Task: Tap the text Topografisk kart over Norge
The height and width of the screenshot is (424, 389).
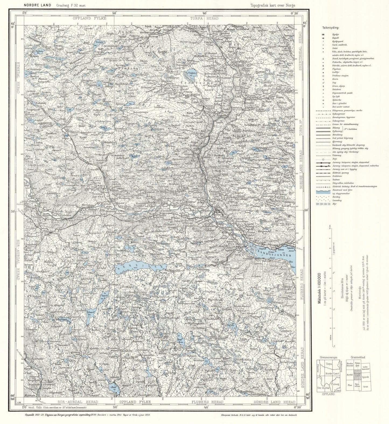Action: pyautogui.click(x=273, y=5)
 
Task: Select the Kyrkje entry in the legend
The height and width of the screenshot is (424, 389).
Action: pyautogui.click(x=335, y=35)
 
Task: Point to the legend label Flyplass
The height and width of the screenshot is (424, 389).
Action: pyautogui.click(x=337, y=69)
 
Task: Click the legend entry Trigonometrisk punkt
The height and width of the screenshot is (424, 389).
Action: pyautogui.click(x=342, y=93)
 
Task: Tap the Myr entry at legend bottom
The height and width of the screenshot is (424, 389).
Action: pyautogui.click(x=334, y=204)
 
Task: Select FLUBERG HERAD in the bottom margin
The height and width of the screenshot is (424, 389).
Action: pyautogui.click(x=207, y=402)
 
